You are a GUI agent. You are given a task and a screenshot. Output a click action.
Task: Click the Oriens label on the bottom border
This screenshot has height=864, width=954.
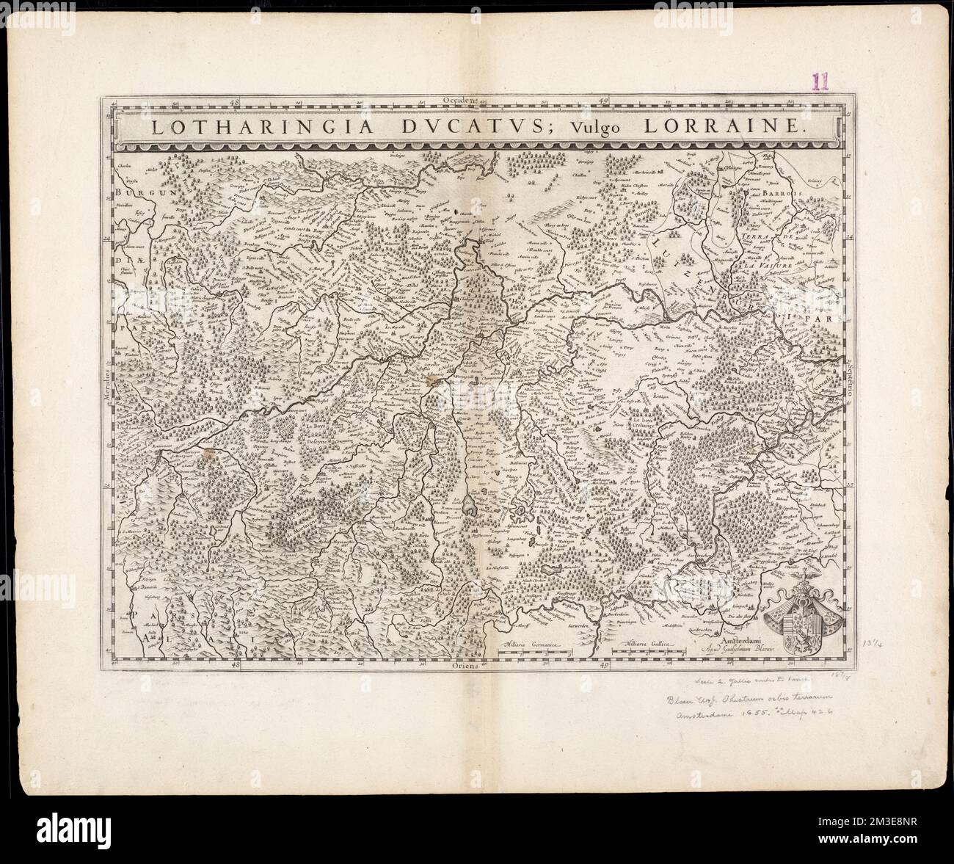point(465,666)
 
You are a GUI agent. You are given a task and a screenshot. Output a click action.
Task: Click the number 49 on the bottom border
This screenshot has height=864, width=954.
point(604,666)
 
